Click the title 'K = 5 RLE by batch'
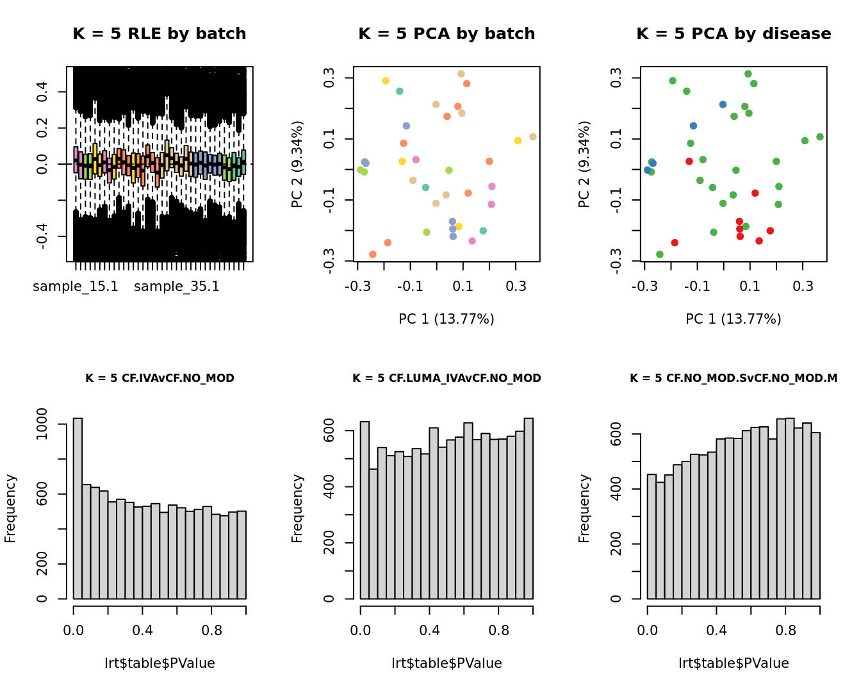tap(159, 34)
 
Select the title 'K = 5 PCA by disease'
tap(734, 34)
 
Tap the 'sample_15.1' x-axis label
tap(76, 286)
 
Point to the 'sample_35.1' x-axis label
tap(177, 286)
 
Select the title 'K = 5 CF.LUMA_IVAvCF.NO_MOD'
tap(447, 378)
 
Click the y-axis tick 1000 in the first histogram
tap(42, 424)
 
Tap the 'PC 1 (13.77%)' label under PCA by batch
tap(447, 319)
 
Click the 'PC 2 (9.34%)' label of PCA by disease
tap(584, 164)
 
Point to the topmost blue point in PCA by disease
tap(723, 104)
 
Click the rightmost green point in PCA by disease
tap(820, 137)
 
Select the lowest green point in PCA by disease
tap(660, 254)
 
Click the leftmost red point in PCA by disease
tap(675, 243)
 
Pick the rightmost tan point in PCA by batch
tap(533, 137)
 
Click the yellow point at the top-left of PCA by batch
tap(386, 81)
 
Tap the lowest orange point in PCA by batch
tap(373, 254)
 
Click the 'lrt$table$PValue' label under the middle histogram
tap(447, 663)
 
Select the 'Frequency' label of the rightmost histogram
tap(584, 508)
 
